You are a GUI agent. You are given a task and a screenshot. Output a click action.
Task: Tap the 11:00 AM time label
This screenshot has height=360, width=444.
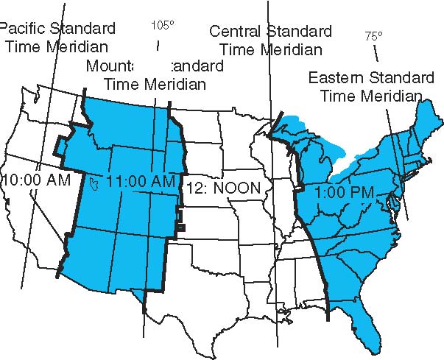tap(141, 180)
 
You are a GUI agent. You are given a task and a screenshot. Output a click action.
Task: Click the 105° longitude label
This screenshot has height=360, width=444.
tap(162, 25)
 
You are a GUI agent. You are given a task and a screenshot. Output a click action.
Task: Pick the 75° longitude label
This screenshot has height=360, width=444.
tap(375, 35)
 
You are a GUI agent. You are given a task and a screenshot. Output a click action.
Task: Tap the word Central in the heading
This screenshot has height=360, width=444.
tap(236, 32)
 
